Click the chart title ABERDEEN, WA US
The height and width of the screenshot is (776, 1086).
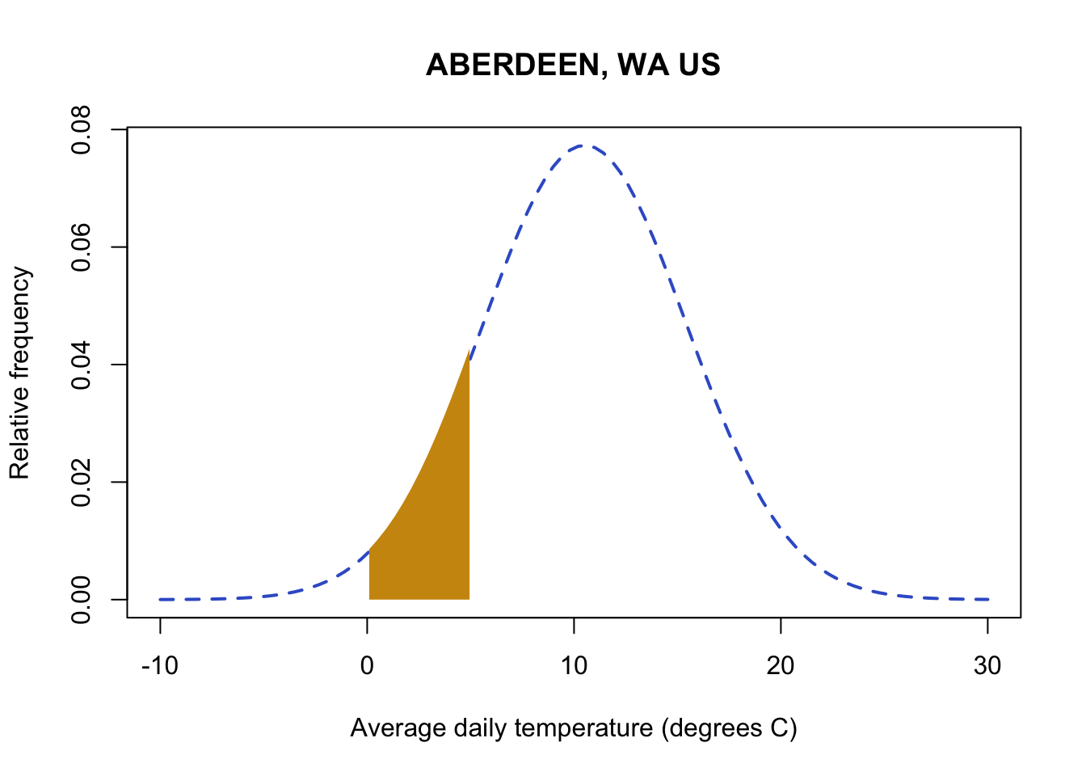click(573, 65)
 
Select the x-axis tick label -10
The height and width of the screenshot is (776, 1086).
click(159, 666)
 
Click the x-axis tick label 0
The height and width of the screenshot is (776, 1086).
click(367, 666)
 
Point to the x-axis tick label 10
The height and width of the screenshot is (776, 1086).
click(574, 666)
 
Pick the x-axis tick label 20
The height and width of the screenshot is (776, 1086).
click(781, 666)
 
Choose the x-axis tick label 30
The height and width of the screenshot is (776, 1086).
click(987, 666)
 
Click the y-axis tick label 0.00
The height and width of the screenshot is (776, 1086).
click(81, 599)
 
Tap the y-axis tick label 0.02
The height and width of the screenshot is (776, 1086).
click(81, 482)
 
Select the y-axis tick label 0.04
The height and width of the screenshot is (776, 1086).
click(81, 365)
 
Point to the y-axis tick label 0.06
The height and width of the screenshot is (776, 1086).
click(81, 247)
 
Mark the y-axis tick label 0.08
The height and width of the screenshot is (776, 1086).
click(81, 130)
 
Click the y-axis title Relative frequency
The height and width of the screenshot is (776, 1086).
click(19, 373)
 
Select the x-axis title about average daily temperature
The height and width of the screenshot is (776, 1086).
click(574, 728)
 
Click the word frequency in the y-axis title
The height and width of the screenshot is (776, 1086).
click(19, 323)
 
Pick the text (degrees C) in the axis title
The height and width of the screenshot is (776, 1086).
click(729, 728)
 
